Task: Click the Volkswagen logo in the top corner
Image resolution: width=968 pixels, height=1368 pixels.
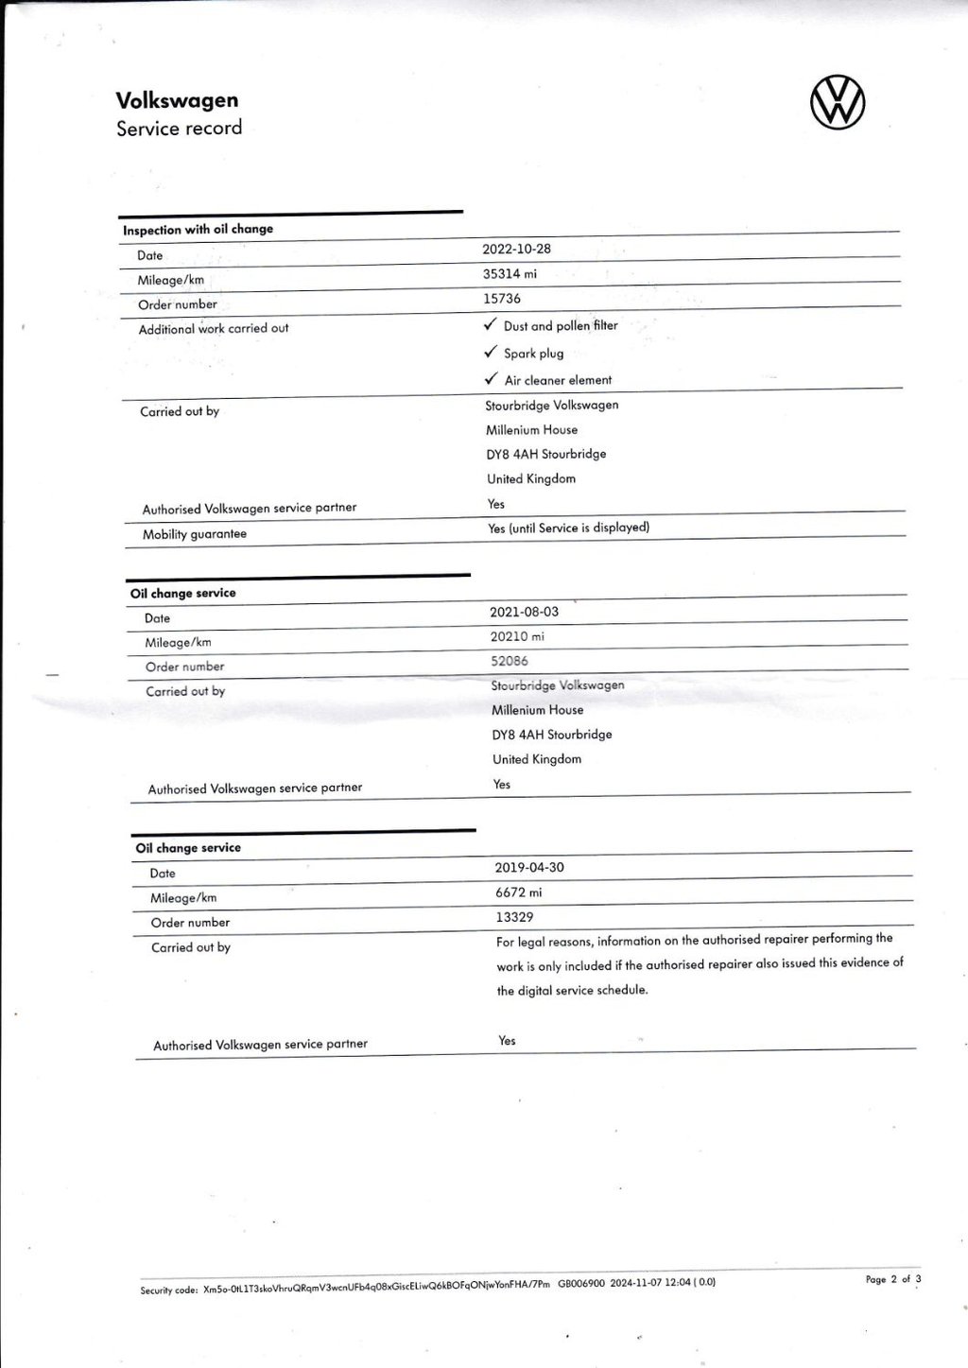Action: (x=838, y=103)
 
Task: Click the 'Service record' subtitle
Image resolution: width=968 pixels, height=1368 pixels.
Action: (x=179, y=129)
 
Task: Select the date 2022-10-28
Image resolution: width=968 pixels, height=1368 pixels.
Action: (x=516, y=249)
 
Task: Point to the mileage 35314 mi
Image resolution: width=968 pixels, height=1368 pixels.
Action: (x=510, y=274)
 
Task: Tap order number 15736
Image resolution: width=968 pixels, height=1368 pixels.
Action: (x=502, y=299)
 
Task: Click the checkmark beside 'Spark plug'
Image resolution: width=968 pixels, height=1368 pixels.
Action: (x=490, y=352)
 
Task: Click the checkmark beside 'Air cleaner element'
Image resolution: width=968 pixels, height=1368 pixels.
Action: (x=491, y=378)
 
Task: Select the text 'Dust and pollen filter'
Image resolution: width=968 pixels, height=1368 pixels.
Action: (x=561, y=326)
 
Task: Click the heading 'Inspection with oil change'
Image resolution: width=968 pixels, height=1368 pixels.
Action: (x=198, y=229)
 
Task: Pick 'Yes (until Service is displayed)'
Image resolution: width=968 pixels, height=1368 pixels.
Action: (x=569, y=528)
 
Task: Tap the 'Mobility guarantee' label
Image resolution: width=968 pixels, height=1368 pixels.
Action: (x=195, y=534)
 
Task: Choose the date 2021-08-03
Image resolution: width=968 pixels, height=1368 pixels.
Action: (x=524, y=612)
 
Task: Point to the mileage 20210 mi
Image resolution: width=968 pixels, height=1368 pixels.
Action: (x=517, y=636)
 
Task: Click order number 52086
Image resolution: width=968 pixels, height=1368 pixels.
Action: (x=510, y=661)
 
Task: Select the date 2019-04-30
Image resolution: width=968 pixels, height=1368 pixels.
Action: (x=529, y=867)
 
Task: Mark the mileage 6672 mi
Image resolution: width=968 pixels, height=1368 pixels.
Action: (x=518, y=892)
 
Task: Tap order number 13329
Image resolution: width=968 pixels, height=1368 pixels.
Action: (x=514, y=917)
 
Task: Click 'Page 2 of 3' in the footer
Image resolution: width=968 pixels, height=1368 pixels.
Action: (x=893, y=1279)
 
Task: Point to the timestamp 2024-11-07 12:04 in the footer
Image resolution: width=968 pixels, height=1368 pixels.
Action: (x=650, y=1283)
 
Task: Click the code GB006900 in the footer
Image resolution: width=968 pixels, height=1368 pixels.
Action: (x=581, y=1284)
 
